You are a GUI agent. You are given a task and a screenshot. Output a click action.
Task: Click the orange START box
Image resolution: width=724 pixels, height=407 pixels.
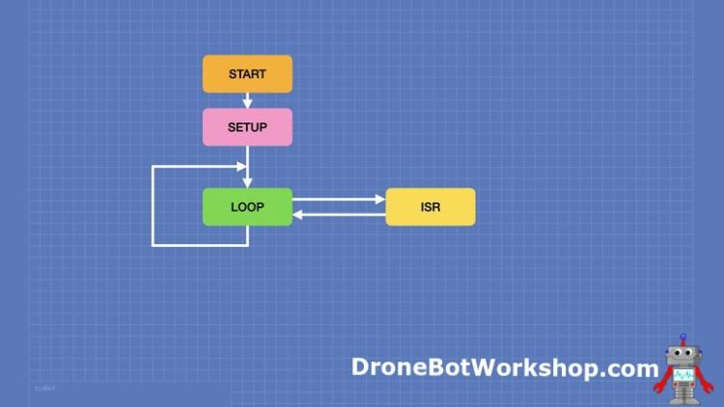click(x=247, y=74)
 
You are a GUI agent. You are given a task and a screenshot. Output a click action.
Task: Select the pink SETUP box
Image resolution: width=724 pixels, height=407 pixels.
click(x=247, y=127)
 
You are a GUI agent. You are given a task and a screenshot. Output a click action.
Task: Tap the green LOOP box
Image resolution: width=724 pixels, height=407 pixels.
click(x=247, y=207)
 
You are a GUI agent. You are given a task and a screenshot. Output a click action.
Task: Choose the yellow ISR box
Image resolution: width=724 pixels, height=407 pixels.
click(x=431, y=207)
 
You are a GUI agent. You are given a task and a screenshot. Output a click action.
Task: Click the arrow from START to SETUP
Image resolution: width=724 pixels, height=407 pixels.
click(x=247, y=100)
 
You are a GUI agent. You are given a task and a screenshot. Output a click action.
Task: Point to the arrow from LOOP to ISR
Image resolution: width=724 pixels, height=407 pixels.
click(x=338, y=201)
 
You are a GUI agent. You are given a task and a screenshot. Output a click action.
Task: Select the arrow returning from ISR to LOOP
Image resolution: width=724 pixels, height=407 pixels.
click(x=338, y=215)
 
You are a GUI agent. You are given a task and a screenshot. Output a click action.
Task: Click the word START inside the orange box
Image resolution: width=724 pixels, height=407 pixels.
click(x=247, y=74)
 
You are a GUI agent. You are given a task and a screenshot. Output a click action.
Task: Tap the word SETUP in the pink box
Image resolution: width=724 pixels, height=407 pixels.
click(x=247, y=127)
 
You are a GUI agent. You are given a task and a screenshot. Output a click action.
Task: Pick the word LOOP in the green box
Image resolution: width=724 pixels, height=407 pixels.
click(x=247, y=207)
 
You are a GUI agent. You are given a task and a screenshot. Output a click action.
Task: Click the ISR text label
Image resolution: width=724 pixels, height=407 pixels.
click(x=431, y=207)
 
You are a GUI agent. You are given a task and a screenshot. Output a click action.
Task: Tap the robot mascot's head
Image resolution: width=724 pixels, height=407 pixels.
click(x=683, y=352)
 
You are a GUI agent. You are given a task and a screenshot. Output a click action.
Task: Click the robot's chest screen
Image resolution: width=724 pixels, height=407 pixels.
click(x=683, y=373)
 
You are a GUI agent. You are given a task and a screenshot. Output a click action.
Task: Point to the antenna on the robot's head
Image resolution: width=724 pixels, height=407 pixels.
click(x=683, y=338)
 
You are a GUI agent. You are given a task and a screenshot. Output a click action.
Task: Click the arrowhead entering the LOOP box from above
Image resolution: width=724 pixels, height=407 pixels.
click(x=247, y=183)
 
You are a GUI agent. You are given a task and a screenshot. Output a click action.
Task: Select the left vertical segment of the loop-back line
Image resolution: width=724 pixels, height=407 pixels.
click(x=153, y=205)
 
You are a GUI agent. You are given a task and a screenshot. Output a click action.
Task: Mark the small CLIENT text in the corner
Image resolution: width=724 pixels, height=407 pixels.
click(x=44, y=389)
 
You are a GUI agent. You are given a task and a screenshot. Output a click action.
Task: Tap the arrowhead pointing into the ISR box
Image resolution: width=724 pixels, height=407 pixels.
click(x=380, y=201)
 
